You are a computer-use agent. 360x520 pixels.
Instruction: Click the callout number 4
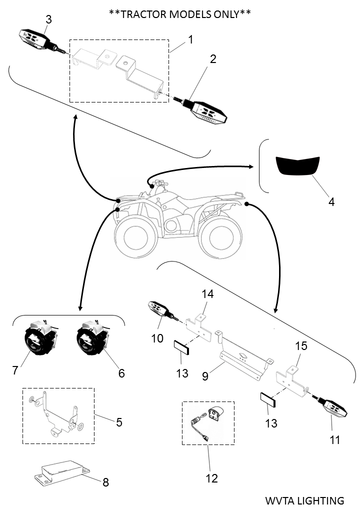click(331, 201)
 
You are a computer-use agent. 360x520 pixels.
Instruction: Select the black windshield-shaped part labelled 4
click(297, 165)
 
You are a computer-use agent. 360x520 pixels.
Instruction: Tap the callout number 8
click(105, 482)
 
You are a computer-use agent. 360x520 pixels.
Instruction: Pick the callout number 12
click(212, 478)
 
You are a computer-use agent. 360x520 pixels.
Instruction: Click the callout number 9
click(205, 376)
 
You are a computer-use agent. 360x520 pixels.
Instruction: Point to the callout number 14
click(207, 294)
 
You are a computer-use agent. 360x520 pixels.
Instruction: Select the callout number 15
click(301, 346)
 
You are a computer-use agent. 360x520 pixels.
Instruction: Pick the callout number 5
click(119, 422)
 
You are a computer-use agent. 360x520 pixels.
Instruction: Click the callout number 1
click(190, 39)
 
